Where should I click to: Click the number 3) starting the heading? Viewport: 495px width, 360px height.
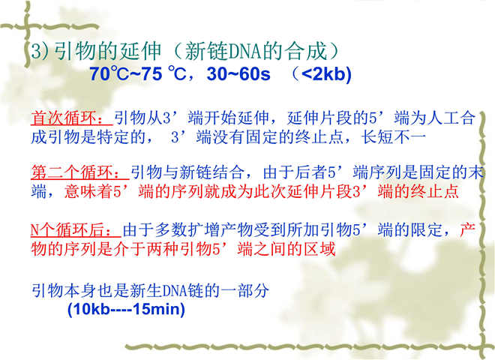(40, 51)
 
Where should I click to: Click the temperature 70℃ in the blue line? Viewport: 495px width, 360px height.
(109, 73)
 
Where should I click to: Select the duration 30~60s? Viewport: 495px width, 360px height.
(238, 73)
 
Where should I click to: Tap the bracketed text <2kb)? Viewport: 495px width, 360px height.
(326, 73)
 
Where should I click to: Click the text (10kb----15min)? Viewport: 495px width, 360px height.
(126, 309)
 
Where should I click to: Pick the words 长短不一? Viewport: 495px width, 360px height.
(393, 137)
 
